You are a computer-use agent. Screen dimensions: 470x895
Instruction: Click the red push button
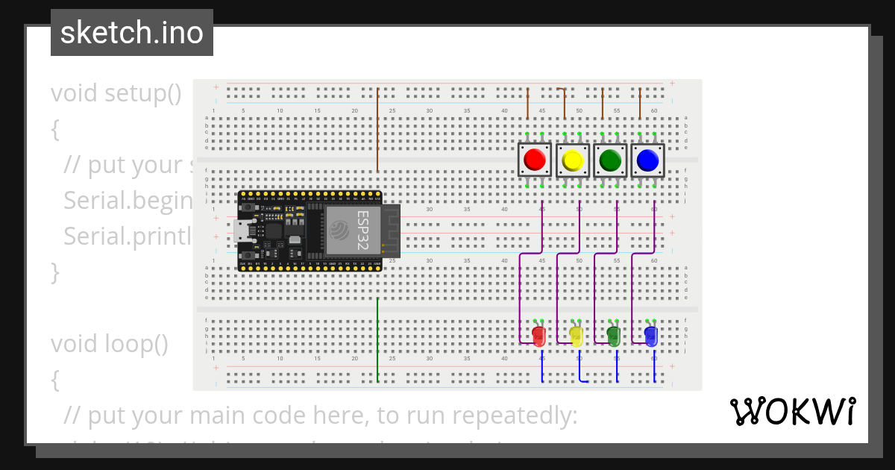pyautogui.click(x=534, y=160)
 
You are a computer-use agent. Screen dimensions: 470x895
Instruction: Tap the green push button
pyautogui.click(x=610, y=160)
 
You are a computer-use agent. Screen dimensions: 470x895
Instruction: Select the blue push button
pyautogui.click(x=647, y=160)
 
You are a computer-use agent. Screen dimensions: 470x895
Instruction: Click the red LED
pyautogui.click(x=538, y=336)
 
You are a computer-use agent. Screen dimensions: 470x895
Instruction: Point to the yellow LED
pyautogui.click(x=576, y=336)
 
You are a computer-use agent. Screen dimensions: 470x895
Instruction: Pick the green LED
pyautogui.click(x=614, y=336)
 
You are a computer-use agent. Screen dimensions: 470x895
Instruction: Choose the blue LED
pyautogui.click(x=651, y=336)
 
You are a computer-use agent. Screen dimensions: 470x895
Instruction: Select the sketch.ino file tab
pyautogui.click(x=132, y=33)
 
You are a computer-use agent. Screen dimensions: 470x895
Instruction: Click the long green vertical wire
pyautogui.click(x=378, y=339)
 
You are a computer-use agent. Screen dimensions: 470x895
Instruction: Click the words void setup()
pyautogui.click(x=116, y=93)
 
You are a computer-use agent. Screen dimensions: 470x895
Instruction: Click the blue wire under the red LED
pyautogui.click(x=542, y=368)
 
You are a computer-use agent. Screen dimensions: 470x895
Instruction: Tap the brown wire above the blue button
pyautogui.click(x=640, y=104)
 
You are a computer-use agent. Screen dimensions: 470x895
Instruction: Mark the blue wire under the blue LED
pyautogui.click(x=655, y=368)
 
